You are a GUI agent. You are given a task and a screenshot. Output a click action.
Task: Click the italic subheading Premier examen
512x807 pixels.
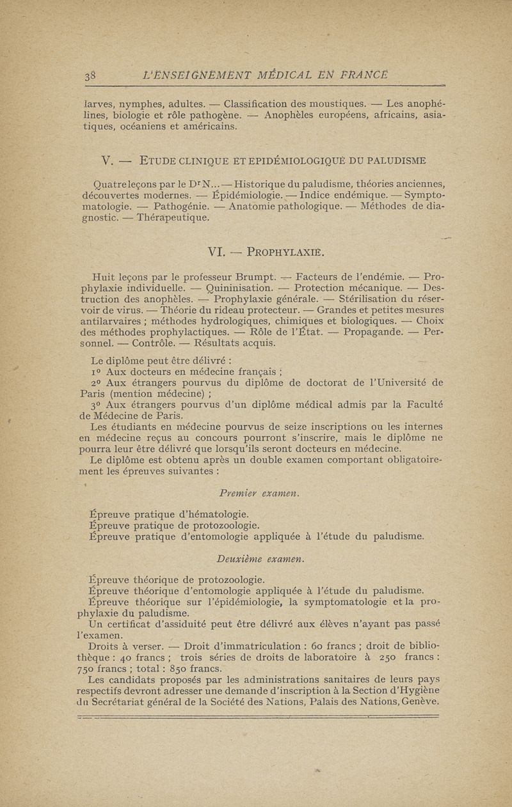(259, 493)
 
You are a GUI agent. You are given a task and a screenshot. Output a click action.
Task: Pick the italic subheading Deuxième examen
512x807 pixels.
(259, 559)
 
